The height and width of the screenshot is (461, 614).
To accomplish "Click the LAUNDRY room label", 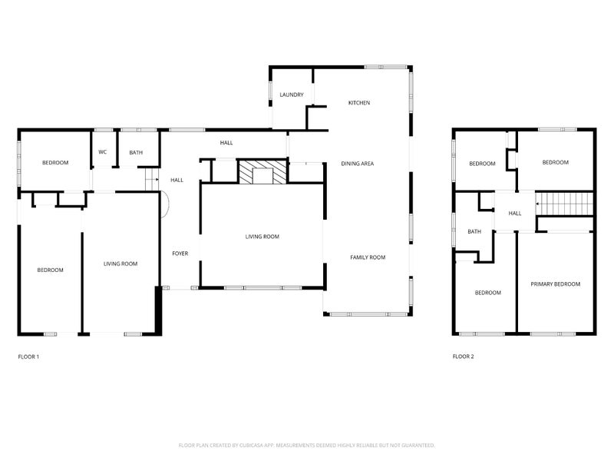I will (292, 95).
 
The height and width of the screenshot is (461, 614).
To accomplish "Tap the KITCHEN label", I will (359, 103).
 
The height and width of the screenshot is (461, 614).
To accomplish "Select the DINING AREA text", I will (357, 164).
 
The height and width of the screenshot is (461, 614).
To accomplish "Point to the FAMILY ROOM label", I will (368, 257).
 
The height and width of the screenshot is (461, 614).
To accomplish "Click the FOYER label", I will (180, 253).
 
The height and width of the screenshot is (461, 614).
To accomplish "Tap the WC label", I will (102, 152).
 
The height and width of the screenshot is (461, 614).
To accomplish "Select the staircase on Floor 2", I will (565, 204).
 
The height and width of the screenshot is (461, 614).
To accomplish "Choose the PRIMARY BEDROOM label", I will (555, 284).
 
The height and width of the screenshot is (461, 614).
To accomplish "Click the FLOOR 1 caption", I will (28, 357).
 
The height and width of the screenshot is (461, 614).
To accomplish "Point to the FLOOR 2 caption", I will (463, 357).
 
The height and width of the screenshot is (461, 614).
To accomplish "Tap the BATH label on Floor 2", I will (474, 231).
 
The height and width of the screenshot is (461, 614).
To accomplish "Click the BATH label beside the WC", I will (136, 153).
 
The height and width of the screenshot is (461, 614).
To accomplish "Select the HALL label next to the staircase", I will (514, 214).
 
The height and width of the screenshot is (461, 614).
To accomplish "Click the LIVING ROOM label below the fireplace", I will (262, 237).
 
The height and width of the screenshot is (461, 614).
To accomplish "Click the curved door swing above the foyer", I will (166, 204).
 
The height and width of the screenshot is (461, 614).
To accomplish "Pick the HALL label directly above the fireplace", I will (226, 143).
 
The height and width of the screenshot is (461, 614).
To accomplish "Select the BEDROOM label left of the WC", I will (55, 162).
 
